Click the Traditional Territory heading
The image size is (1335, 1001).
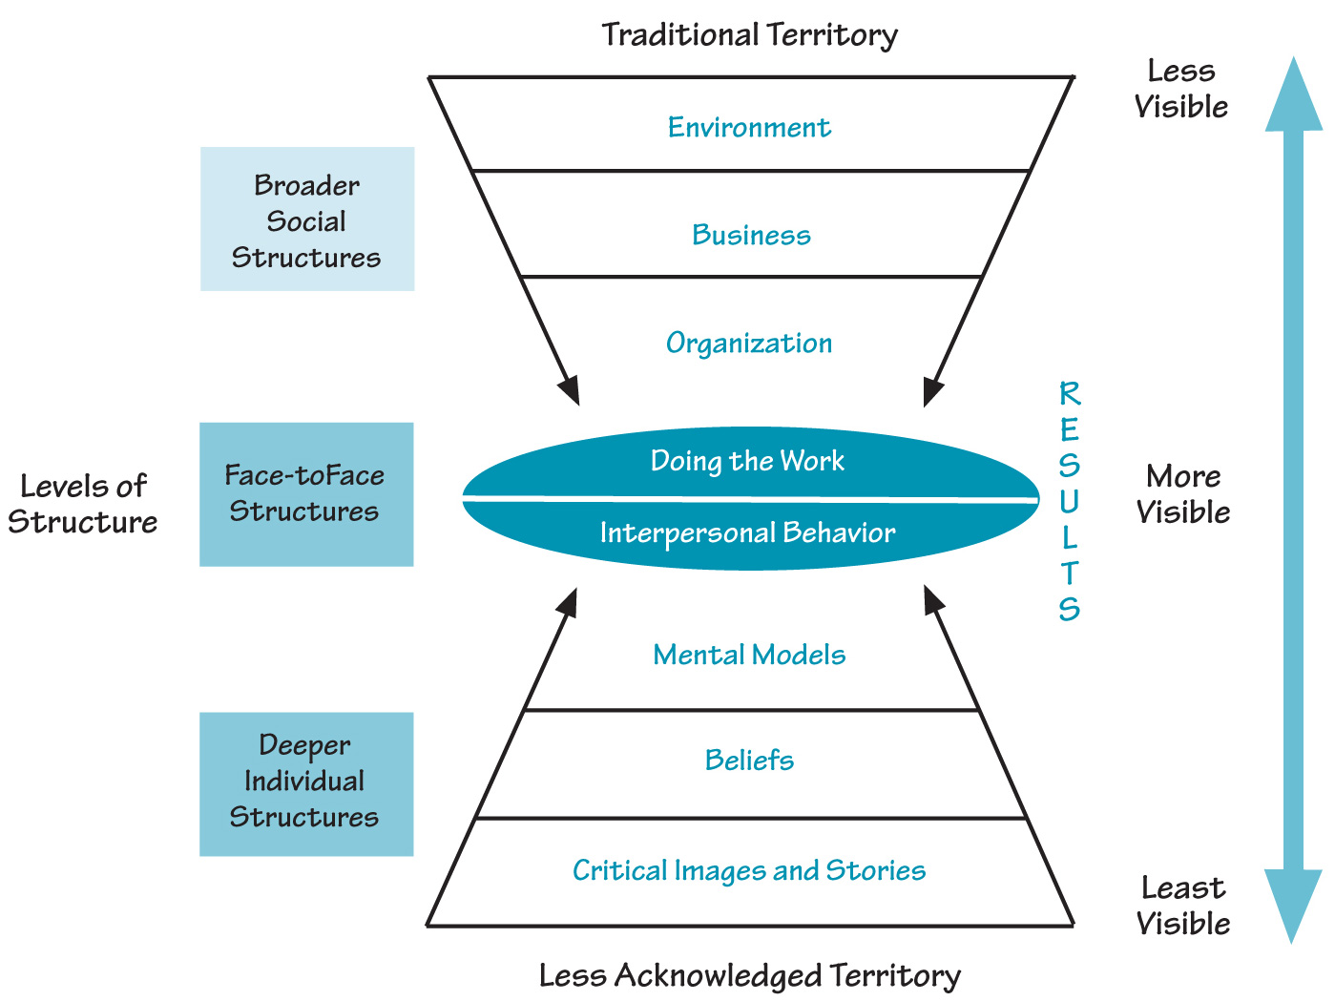coord(749,35)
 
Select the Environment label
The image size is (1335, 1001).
coord(749,127)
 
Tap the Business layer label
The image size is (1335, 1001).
coord(751,235)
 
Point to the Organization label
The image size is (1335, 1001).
coord(749,343)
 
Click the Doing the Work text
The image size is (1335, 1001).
coord(747,461)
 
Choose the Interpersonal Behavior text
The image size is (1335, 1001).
coord(747,532)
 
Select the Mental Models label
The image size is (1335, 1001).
coord(749,655)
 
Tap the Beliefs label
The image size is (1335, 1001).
coord(749,761)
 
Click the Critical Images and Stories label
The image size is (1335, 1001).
coord(749,870)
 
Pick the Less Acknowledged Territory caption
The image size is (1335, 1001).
coord(749,976)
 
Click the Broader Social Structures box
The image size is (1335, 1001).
coord(307,219)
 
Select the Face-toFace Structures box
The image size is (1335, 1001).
coord(306,494)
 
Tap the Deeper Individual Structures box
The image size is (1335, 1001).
coord(306,783)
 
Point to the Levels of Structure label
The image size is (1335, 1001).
coord(83,504)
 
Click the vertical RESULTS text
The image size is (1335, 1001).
coord(1069,501)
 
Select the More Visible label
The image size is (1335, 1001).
coord(1183,494)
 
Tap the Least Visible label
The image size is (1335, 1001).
coord(1183,906)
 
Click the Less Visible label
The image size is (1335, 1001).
coord(1181,89)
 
